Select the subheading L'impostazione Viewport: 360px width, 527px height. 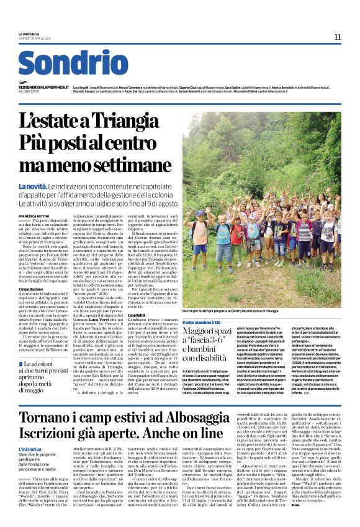(31, 289)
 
